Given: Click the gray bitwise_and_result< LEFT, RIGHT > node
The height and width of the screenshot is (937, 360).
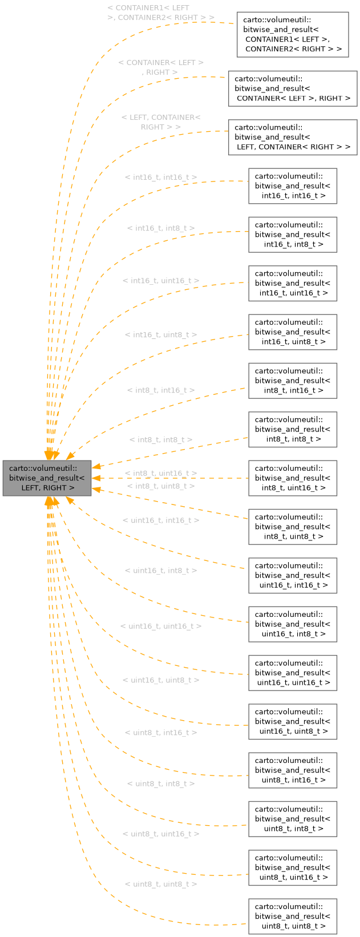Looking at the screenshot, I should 47,478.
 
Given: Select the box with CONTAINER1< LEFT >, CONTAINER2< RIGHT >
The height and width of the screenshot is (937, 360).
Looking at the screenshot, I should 293,34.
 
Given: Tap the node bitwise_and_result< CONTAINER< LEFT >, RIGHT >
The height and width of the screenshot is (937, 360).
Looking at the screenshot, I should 293,88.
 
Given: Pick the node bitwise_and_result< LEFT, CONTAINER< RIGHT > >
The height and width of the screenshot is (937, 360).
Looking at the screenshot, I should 293,137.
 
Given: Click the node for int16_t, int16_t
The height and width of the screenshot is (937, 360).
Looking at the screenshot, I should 293,186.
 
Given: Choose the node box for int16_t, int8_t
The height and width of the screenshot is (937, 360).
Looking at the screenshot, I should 293,235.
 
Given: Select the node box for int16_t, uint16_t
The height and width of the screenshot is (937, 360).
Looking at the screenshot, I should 293,283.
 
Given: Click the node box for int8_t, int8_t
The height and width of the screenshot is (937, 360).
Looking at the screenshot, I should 293,430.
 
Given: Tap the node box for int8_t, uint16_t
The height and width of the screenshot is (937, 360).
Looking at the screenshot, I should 293,478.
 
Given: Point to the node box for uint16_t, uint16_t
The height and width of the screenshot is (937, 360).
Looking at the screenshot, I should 293,673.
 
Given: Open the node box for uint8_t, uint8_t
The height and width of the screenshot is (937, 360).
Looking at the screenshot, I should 293,916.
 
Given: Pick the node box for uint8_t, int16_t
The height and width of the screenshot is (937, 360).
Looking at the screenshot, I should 293,770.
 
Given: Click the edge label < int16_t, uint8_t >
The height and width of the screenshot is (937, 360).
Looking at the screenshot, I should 161,334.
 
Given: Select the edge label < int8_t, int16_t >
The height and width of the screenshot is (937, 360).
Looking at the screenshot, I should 161,390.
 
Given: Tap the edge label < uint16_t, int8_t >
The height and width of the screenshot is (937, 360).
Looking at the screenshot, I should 161,571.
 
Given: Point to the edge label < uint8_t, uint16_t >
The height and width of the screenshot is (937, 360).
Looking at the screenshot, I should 161,834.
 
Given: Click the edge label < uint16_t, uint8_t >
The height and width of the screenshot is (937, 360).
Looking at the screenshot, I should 161,680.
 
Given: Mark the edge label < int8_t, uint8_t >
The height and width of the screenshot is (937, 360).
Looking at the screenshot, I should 161,486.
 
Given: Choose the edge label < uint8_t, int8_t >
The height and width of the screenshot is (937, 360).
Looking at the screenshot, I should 161,783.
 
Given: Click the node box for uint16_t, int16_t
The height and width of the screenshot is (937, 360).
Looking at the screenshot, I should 293,576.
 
